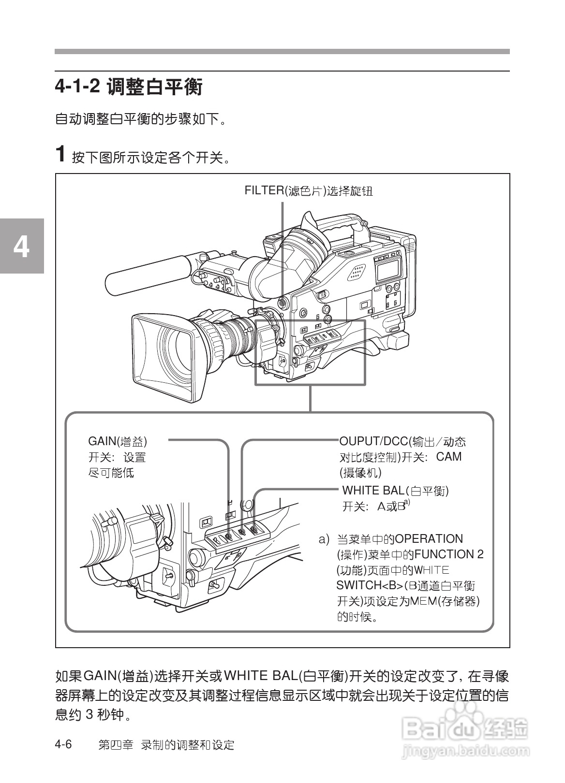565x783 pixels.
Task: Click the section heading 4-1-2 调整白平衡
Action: point(129,87)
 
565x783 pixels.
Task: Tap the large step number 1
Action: point(60,154)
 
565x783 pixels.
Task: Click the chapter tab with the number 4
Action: point(21,246)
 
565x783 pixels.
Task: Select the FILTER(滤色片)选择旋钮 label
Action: point(309,190)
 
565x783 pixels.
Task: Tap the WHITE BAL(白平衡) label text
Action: point(395,491)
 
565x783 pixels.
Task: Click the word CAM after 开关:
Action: point(449,456)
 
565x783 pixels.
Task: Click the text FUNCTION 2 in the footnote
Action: point(449,554)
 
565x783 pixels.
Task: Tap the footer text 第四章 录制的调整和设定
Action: point(166,745)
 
